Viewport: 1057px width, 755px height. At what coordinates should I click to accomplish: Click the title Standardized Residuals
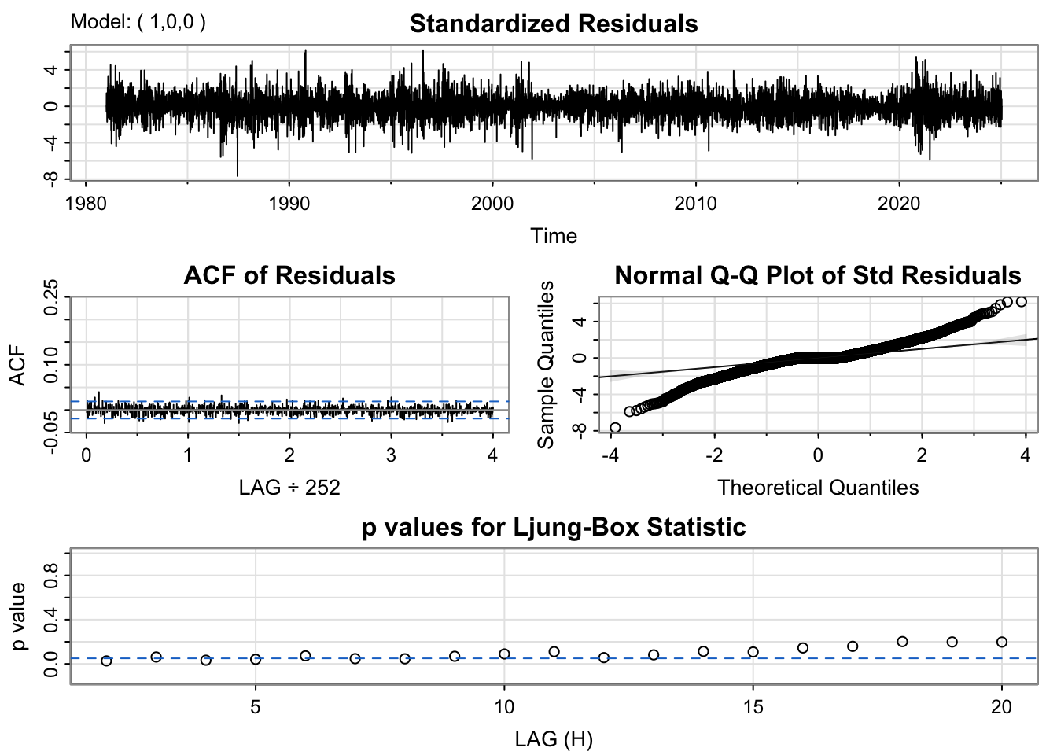pyautogui.click(x=553, y=24)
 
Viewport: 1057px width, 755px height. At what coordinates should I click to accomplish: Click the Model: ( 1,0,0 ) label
pyautogui.click(x=138, y=22)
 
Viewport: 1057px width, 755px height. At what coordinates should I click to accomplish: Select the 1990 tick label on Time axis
pyautogui.click(x=289, y=204)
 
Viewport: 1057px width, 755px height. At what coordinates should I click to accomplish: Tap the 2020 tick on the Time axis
pyautogui.click(x=899, y=204)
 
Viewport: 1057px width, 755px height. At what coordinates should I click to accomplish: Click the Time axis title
pyautogui.click(x=553, y=236)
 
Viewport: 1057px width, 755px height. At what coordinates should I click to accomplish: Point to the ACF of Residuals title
pyautogui.click(x=289, y=275)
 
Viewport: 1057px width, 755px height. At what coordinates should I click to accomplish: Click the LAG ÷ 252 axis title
pyautogui.click(x=289, y=488)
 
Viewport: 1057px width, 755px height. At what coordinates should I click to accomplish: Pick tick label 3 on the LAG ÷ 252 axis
pyautogui.click(x=391, y=455)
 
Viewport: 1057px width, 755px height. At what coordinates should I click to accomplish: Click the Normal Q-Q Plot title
pyautogui.click(x=817, y=275)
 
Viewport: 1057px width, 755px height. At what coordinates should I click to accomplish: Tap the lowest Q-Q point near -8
pyautogui.click(x=615, y=428)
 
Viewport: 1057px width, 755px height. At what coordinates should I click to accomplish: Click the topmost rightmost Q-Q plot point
pyautogui.click(x=1022, y=301)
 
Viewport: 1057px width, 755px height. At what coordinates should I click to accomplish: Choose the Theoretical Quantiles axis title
pyautogui.click(x=817, y=488)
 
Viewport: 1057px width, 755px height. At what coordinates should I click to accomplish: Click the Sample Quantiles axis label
pyautogui.click(x=546, y=364)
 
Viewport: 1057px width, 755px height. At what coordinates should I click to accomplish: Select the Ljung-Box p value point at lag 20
pyautogui.click(x=1001, y=642)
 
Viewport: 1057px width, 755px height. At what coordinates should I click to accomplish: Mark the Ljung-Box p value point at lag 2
pyautogui.click(x=106, y=661)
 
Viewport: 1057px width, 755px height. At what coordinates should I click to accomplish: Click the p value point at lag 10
pyautogui.click(x=504, y=654)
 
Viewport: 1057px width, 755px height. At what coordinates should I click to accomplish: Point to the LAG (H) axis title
pyautogui.click(x=553, y=739)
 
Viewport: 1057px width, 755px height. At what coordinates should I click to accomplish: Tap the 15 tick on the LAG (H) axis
pyautogui.click(x=753, y=707)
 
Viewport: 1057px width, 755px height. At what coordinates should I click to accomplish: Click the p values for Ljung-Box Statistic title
pyautogui.click(x=553, y=527)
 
